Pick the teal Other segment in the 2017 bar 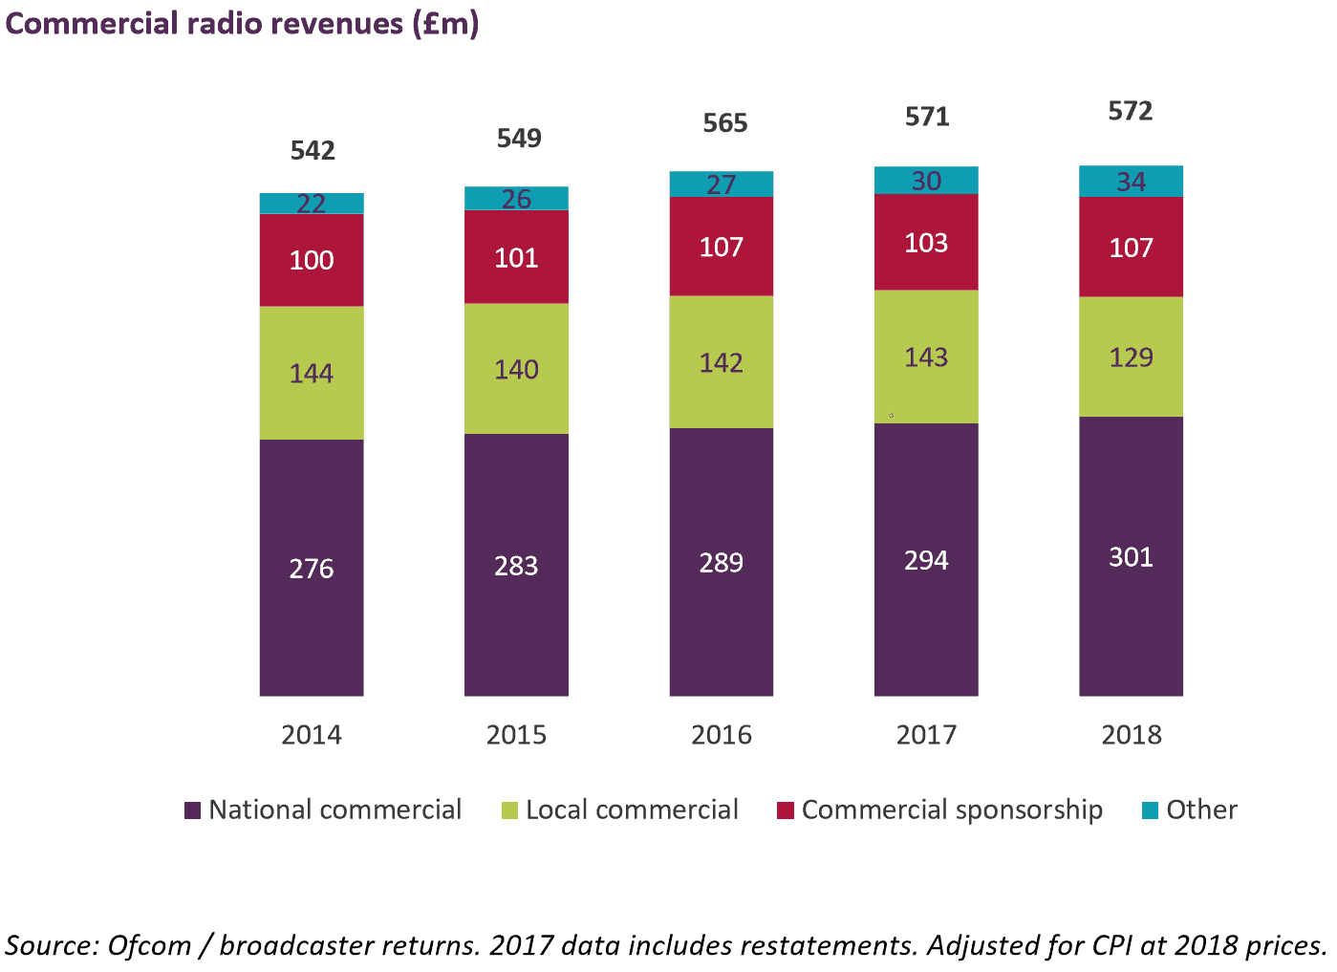(926, 180)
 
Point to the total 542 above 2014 (313, 151)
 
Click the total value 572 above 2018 (1131, 111)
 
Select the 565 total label (725, 123)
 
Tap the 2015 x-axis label (516, 735)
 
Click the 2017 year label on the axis (926, 735)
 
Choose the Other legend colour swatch (1151, 810)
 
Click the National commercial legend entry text (334, 810)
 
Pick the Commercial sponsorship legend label (952, 810)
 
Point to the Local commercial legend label (632, 810)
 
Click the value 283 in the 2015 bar (516, 566)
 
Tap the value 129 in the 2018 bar (1131, 357)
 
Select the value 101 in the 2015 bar (516, 258)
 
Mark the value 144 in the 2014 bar (312, 373)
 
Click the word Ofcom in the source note (149, 945)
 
